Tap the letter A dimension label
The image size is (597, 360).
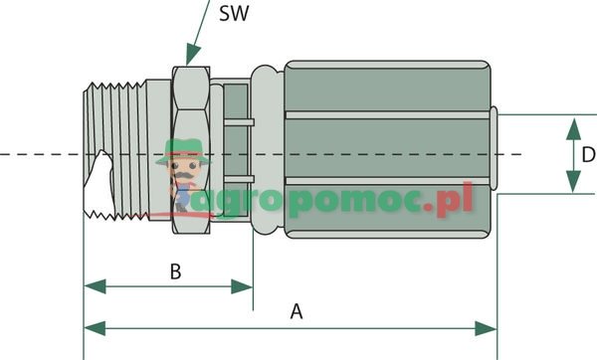(296, 311)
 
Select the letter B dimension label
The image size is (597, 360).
(174, 270)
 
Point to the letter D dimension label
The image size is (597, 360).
(588, 155)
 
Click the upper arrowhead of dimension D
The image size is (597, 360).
(573, 124)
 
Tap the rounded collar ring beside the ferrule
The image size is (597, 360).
(265, 149)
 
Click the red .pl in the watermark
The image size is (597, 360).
(453, 203)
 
